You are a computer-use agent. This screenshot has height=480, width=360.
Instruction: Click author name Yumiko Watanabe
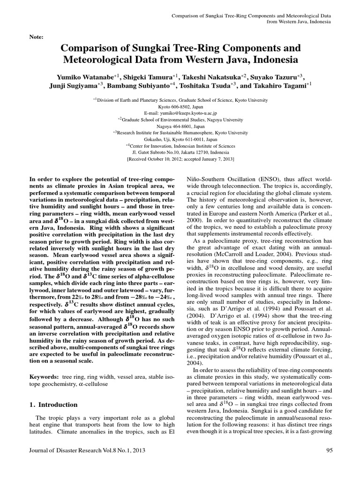coord(83,76)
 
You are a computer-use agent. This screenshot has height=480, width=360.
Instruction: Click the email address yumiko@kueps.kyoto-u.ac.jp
coord(180,113)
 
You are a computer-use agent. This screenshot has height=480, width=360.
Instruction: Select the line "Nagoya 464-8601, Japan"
coord(180,126)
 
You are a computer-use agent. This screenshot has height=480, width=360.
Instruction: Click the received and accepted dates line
coord(180,159)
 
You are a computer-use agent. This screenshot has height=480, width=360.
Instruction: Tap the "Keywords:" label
coord(44,377)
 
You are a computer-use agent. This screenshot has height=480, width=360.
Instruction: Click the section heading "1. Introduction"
coord(53,405)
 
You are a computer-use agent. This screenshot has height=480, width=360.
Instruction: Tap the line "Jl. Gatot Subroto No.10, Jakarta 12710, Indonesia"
coord(180,152)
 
